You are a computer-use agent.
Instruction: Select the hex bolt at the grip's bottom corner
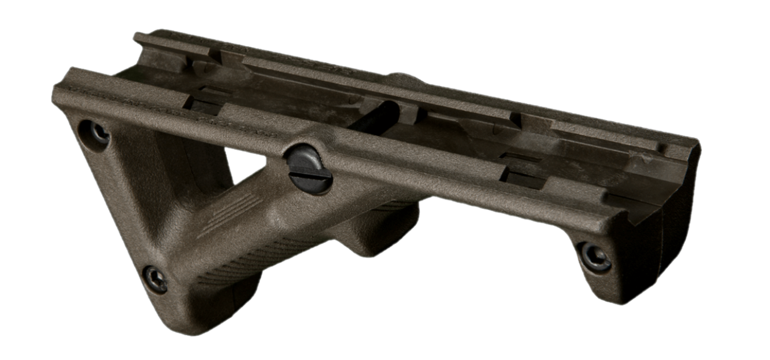pyautogui.click(x=155, y=279)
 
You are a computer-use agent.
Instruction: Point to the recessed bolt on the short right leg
pyautogui.click(x=594, y=257)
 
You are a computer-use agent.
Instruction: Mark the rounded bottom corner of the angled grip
pyautogui.click(x=191, y=318)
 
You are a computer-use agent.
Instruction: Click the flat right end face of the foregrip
pyautogui.click(x=679, y=231)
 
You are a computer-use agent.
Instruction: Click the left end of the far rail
pyautogui.click(x=139, y=38)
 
